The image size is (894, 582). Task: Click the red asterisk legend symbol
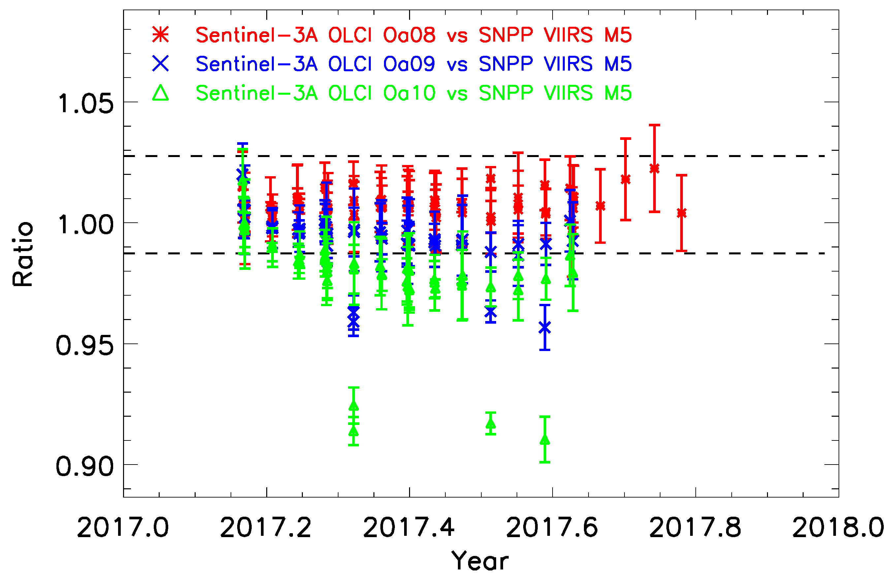pyautogui.click(x=160, y=35)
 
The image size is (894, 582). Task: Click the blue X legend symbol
pyautogui.click(x=160, y=63)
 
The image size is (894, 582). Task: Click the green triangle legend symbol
pyautogui.click(x=160, y=93)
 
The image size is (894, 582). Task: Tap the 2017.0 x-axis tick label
pyautogui.click(x=123, y=527)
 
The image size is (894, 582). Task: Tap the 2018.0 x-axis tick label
pyautogui.click(x=838, y=527)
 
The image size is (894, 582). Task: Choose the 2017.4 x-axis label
pyautogui.click(x=409, y=527)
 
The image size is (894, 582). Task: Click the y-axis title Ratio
pyautogui.click(x=22, y=254)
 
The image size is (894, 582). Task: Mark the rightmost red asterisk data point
pyautogui.click(x=682, y=213)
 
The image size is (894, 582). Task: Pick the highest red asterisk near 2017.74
pyautogui.click(x=655, y=168)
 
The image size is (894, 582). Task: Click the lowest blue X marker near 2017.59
pyautogui.click(x=545, y=328)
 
